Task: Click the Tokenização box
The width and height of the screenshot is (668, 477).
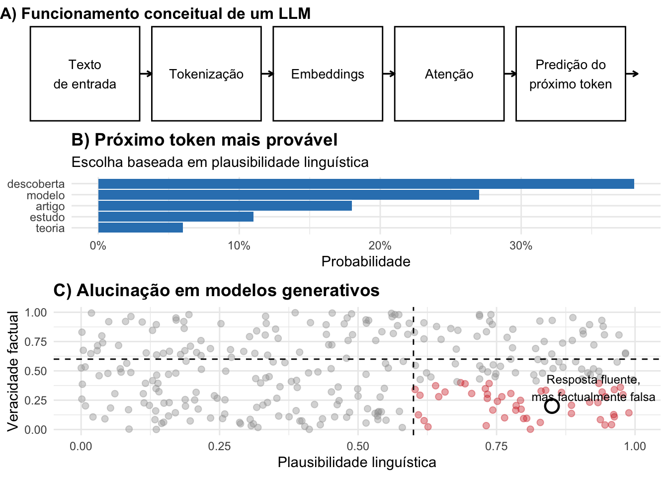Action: click(x=206, y=74)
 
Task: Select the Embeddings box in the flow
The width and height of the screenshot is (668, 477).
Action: click(x=328, y=74)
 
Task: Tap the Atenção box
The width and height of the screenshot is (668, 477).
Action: click(x=449, y=74)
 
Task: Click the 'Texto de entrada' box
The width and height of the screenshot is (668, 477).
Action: click(x=85, y=74)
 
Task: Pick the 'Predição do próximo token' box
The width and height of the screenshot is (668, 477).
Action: click(x=570, y=74)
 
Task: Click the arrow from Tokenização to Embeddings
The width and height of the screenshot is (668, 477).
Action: click(x=267, y=74)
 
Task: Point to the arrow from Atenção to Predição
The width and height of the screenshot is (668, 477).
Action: click(x=510, y=74)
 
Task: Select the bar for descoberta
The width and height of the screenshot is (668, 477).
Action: click(x=366, y=184)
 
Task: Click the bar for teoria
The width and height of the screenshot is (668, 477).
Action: click(x=141, y=228)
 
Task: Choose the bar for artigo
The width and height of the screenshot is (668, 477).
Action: click(x=225, y=206)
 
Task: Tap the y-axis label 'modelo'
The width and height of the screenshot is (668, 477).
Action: click(x=46, y=195)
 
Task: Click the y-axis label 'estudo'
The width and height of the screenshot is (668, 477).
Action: click(x=47, y=217)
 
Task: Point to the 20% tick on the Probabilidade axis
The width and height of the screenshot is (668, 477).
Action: click(x=380, y=245)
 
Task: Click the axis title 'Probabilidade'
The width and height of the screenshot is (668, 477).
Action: click(x=366, y=261)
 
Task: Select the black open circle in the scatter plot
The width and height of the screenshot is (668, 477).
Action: click(x=552, y=406)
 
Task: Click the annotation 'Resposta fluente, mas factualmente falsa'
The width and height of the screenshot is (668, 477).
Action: click(x=593, y=388)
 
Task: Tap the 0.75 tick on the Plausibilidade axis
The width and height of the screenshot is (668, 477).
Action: click(x=496, y=446)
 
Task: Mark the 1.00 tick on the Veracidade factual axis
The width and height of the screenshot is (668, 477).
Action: click(x=36, y=313)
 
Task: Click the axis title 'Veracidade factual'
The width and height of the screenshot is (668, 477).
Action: click(x=13, y=371)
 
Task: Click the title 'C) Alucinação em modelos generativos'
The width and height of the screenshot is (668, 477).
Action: click(x=216, y=290)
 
